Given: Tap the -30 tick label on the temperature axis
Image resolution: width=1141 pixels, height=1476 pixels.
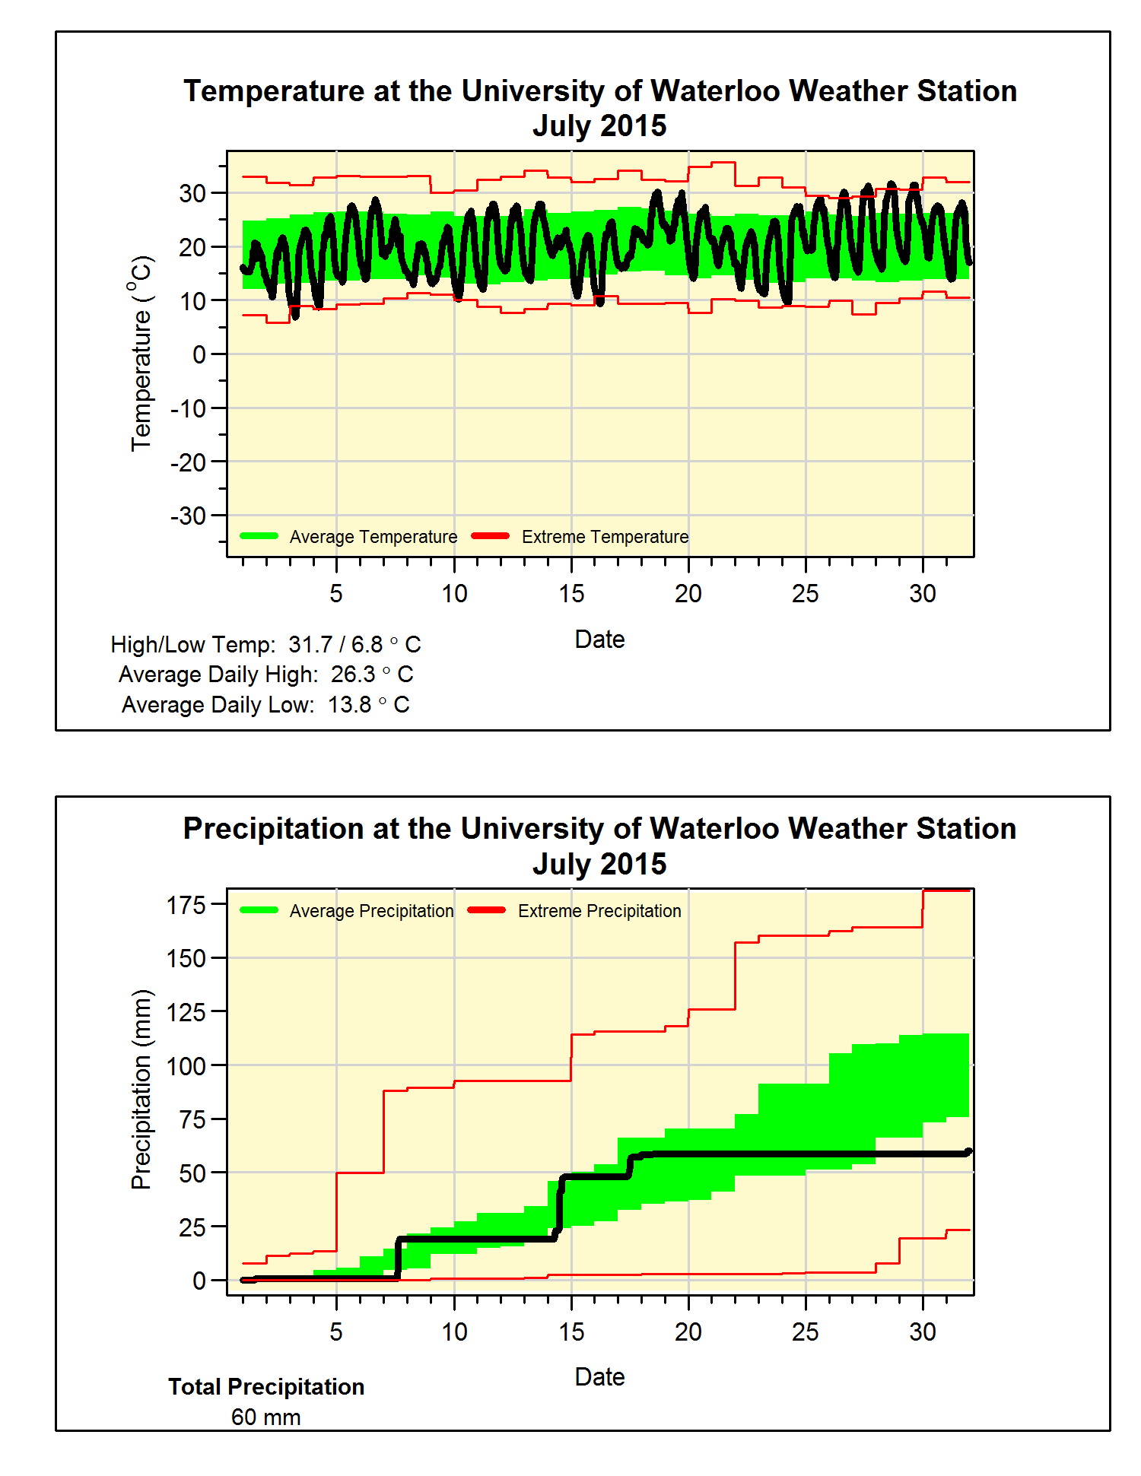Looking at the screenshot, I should (189, 516).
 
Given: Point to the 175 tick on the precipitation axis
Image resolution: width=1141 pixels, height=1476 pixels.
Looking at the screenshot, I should (186, 905).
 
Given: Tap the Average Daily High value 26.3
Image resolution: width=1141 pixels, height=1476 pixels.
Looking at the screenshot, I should (353, 675).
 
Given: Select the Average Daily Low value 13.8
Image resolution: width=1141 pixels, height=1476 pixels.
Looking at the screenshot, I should (350, 705).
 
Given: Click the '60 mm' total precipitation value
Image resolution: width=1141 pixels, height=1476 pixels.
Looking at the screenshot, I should (266, 1417).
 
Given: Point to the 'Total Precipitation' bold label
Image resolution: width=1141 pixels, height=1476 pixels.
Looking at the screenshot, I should (266, 1387).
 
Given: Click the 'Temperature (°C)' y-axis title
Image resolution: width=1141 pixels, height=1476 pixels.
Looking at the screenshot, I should (141, 354).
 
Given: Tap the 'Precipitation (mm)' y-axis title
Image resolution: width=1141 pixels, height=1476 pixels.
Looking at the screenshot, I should (141, 1089).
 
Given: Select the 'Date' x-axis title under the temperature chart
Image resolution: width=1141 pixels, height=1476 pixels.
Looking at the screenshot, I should (599, 640).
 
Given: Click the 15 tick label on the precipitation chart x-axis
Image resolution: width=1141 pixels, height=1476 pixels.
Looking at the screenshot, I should (571, 1332).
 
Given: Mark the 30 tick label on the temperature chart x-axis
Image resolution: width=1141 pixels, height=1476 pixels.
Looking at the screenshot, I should (923, 594).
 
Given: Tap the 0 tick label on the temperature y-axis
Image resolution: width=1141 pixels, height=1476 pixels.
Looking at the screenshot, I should (199, 354).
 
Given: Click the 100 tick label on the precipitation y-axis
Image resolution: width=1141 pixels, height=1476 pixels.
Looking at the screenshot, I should (186, 1066).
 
